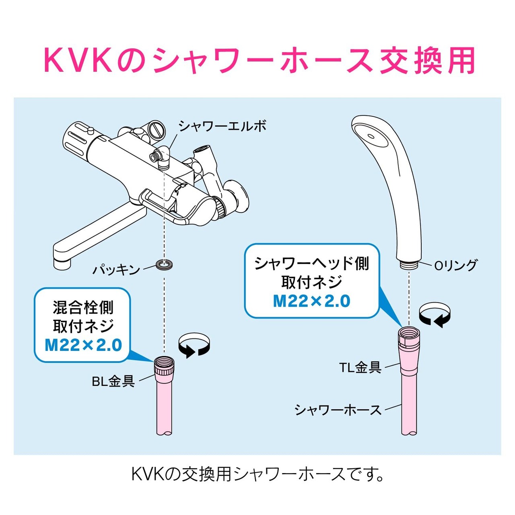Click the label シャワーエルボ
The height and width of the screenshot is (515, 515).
[x=222, y=126]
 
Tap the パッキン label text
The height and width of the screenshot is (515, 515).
[x=115, y=269]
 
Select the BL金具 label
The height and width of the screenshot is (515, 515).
[x=113, y=381]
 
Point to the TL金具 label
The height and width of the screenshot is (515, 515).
[x=360, y=367]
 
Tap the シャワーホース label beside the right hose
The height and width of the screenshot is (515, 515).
[x=338, y=410]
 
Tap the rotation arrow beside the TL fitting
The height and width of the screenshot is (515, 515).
[x=435, y=314]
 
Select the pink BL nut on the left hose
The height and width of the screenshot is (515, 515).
[x=164, y=365]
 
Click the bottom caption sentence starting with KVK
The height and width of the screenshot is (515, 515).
[x=257, y=474]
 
